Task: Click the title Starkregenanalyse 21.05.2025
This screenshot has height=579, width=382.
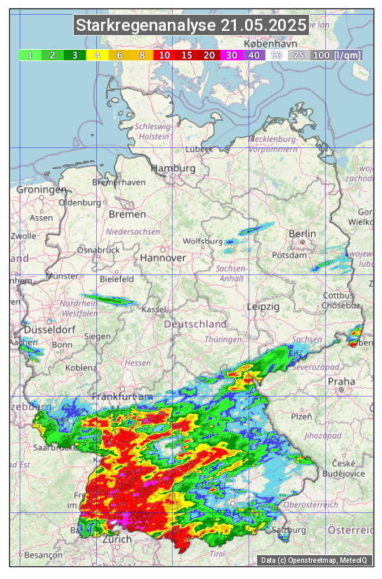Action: tap(191, 26)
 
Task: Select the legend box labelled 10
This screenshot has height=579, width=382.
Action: tap(164, 55)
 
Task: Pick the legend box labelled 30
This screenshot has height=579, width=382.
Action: tap(232, 55)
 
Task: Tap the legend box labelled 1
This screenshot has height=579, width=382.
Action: tap(30, 55)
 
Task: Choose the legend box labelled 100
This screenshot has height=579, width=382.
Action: tap(322, 55)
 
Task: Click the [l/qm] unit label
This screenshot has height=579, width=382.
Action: tap(348, 55)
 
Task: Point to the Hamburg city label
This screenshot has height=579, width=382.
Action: tap(173, 168)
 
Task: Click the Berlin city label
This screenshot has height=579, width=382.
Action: tap(303, 233)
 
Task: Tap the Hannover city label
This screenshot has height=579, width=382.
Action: tap(163, 258)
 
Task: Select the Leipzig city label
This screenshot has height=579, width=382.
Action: tap(263, 307)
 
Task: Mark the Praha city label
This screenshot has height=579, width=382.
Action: tap(341, 382)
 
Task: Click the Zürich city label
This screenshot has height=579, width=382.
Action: tap(117, 539)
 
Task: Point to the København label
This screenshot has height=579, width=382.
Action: tap(265, 44)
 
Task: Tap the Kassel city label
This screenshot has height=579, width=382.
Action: tap(154, 310)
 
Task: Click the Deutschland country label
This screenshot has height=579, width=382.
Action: tap(195, 324)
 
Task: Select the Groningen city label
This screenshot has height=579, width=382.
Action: tap(41, 189)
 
